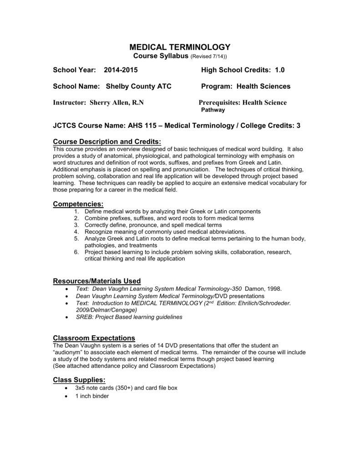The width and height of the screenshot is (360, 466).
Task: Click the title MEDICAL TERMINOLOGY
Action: pyautogui.click(x=180, y=47)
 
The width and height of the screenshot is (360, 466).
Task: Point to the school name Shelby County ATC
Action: pyautogui.click(x=139, y=86)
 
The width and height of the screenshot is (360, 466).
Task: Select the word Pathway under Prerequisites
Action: pyautogui.click(x=213, y=110)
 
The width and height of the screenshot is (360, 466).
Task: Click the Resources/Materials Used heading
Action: pyautogui.click(x=97, y=280)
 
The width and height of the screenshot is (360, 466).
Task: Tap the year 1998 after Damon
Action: pyautogui.click(x=274, y=289)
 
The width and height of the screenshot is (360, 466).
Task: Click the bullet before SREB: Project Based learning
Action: pyautogui.click(x=67, y=317)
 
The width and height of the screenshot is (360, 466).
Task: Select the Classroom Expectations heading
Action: pyautogui.click(x=94, y=338)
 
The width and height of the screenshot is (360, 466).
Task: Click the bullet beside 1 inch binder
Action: pyautogui.click(x=67, y=396)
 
